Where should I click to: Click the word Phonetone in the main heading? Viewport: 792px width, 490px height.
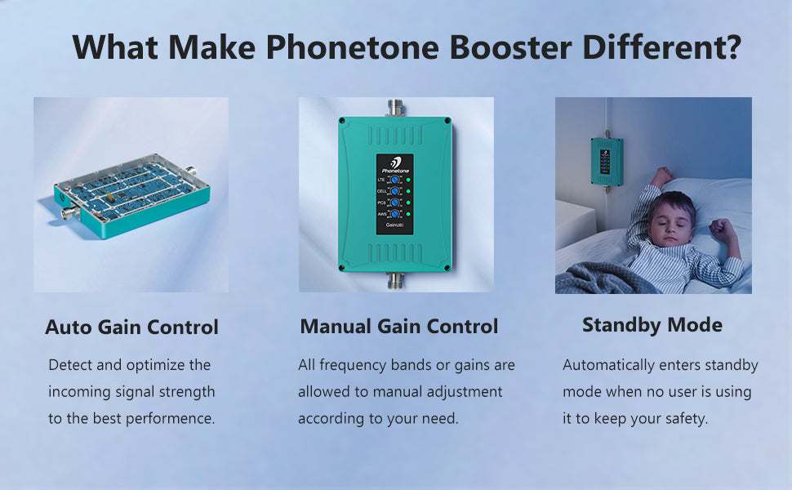(x=352, y=47)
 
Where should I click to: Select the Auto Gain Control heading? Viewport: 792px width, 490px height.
(x=131, y=327)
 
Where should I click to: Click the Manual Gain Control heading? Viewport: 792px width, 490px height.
(x=399, y=327)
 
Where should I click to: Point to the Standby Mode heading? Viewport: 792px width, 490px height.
(x=652, y=325)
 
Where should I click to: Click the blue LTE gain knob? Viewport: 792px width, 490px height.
(x=395, y=180)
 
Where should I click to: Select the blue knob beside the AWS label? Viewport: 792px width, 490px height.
(x=395, y=214)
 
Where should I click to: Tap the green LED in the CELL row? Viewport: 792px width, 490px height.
(x=408, y=191)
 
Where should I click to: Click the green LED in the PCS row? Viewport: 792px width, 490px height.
(x=408, y=203)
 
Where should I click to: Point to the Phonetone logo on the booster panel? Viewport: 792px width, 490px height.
(x=395, y=165)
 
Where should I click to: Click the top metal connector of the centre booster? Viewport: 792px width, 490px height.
(x=395, y=108)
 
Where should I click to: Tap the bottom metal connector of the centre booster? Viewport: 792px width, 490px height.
(x=395, y=280)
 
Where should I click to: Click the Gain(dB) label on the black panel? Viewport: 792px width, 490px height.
(x=394, y=225)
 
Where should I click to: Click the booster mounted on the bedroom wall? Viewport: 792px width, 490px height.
(x=607, y=162)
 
